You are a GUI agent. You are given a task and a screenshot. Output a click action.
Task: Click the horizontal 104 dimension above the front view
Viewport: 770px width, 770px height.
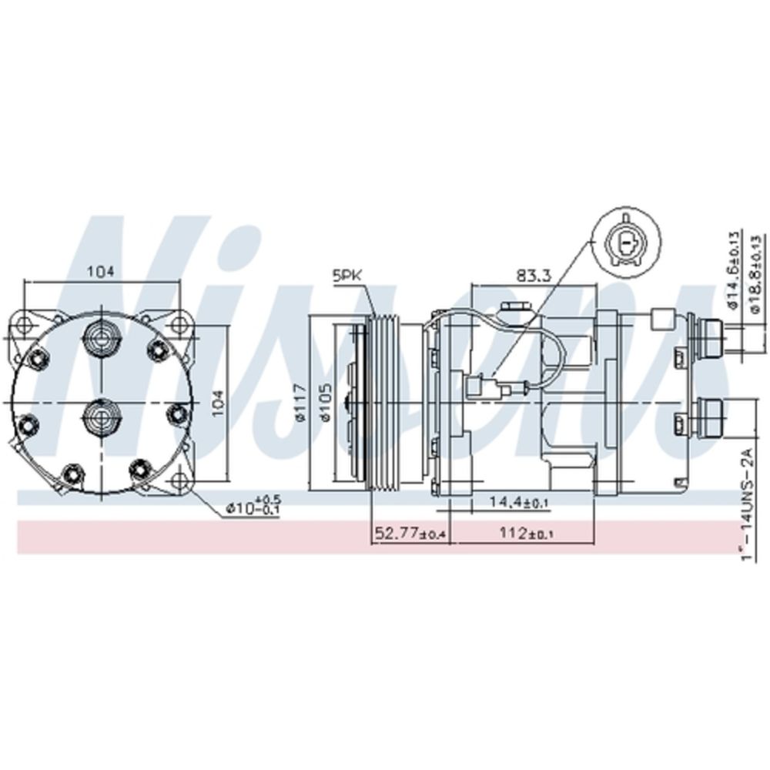point(101,271)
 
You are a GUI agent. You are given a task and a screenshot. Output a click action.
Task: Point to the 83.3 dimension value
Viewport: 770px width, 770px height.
point(533,274)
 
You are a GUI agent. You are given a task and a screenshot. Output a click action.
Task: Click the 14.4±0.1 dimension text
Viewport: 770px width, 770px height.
point(518,502)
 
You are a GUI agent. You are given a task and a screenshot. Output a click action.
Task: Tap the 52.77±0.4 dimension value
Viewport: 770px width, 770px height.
point(411,533)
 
